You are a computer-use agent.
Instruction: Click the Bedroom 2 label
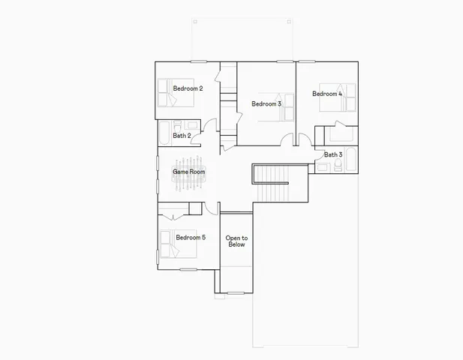pos(188,88)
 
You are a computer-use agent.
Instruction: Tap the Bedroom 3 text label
pos(266,103)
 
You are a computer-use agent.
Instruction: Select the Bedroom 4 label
pos(327,94)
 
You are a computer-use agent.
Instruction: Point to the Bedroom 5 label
pos(191,238)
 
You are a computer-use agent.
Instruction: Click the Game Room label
pos(188,172)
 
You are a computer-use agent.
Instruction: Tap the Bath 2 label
pos(182,136)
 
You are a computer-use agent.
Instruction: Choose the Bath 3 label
pos(333,154)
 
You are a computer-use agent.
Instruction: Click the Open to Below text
pos(236,241)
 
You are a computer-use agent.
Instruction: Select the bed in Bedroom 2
pos(164,94)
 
